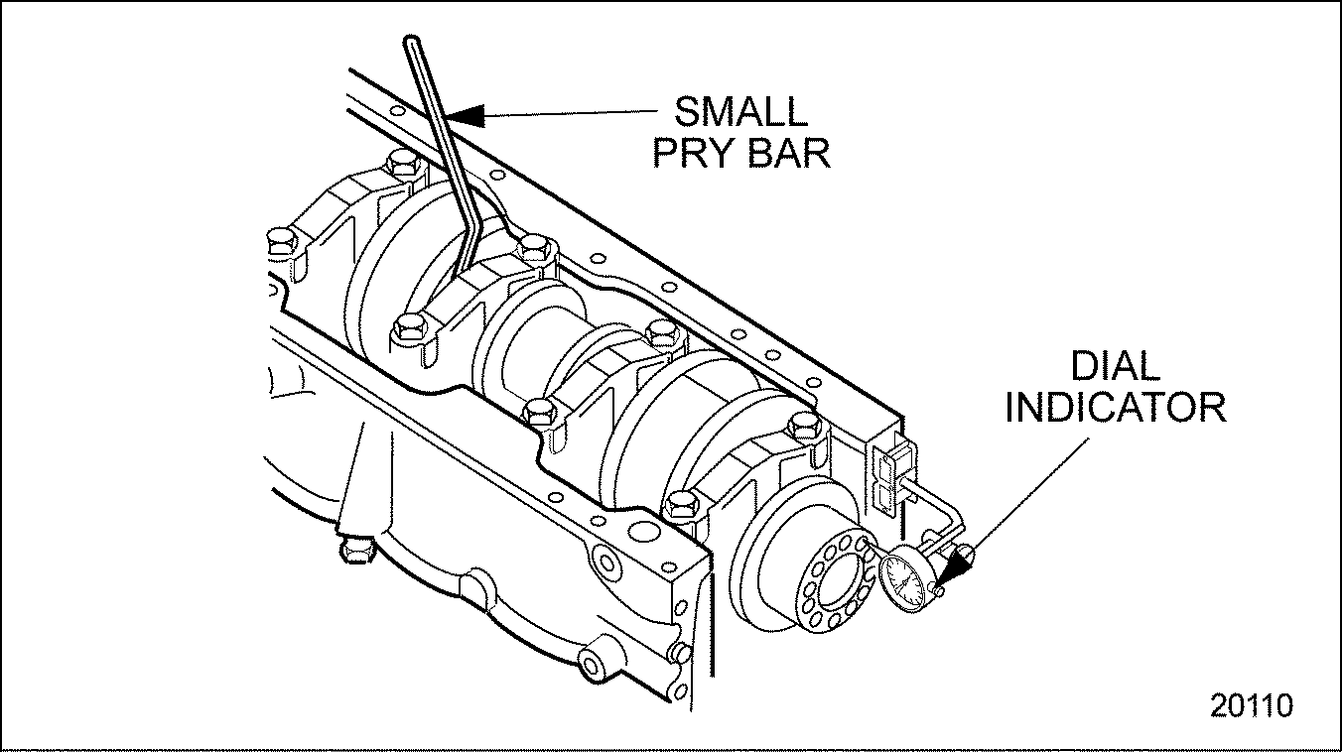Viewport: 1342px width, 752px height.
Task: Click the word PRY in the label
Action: [x=693, y=154]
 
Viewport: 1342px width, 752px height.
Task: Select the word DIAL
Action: [x=1115, y=367]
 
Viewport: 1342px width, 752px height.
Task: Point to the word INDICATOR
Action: [x=1115, y=408]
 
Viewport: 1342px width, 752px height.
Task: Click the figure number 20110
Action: [x=1251, y=705]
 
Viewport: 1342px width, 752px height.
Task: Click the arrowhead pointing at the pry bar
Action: [x=467, y=115]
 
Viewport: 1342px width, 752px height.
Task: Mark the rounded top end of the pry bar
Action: [x=413, y=43]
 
